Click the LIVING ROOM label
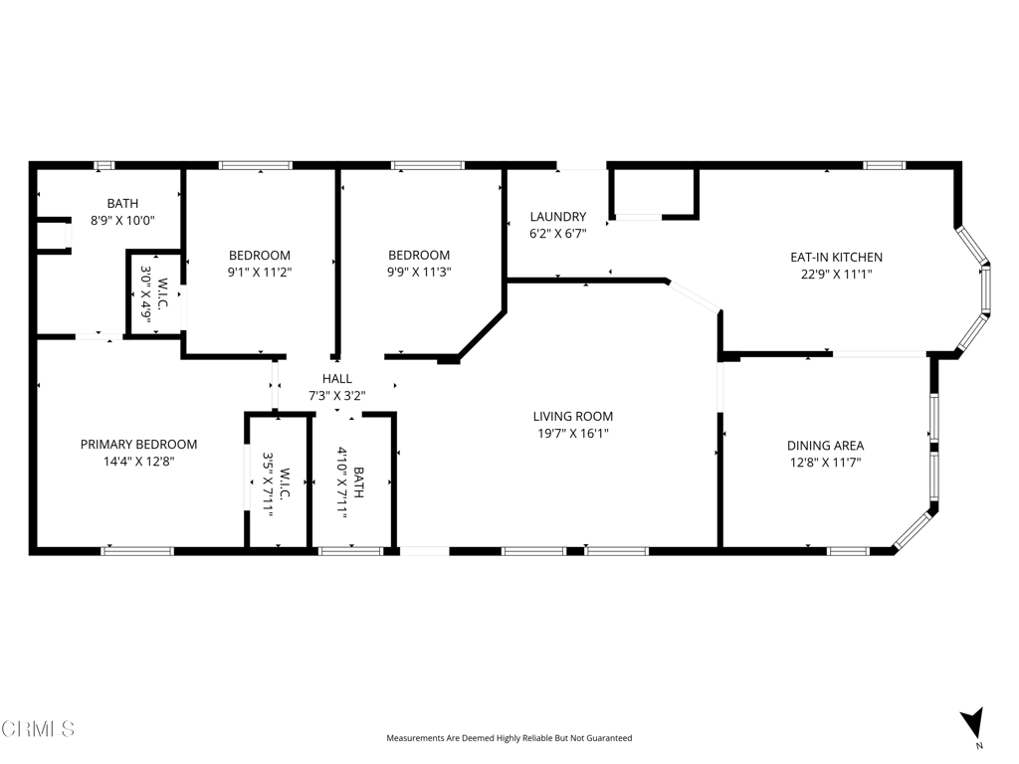click(572, 417)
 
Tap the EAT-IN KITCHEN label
click(836, 258)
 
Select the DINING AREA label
click(825, 446)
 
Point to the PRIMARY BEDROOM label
click(138, 445)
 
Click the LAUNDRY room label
click(558, 217)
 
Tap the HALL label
click(337, 379)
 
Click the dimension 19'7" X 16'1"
click(572, 434)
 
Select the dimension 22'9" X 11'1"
click(836, 275)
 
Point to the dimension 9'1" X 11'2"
click(260, 273)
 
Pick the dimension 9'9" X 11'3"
click(419, 273)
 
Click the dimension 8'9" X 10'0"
click(122, 220)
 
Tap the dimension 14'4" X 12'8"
click(138, 462)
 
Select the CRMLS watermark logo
click(39, 729)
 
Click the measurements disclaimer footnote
click(509, 738)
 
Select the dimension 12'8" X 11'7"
click(825, 463)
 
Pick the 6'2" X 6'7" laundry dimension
click(558, 234)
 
